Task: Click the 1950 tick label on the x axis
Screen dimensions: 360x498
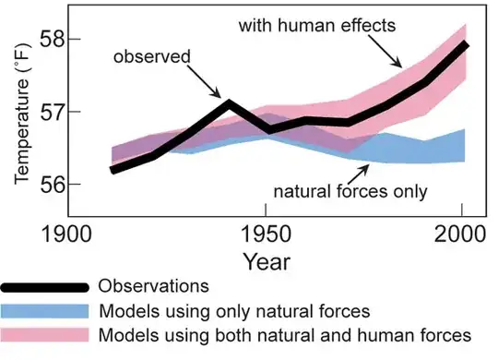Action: [267, 232]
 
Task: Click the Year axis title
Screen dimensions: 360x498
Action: [267, 261]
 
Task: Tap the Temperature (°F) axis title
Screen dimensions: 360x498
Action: [21, 115]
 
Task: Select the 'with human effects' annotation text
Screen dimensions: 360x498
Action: [316, 25]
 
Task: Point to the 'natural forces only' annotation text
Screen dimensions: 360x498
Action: [350, 192]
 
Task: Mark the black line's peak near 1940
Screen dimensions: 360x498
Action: [228, 102]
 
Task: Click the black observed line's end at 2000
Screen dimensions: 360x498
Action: [463, 44]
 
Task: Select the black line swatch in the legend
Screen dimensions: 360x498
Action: [46, 286]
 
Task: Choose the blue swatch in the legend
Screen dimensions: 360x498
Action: [46, 309]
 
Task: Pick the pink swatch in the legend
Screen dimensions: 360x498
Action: [46, 332]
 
